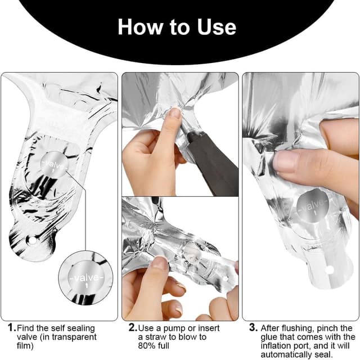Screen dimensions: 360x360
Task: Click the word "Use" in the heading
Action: point(217,27)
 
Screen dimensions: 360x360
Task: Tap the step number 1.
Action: point(11,327)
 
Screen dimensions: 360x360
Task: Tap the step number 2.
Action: point(133,327)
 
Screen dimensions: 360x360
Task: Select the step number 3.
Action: point(253,327)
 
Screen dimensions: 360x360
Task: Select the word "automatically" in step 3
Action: point(286,354)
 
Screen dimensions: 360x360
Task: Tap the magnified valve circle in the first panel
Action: point(85,278)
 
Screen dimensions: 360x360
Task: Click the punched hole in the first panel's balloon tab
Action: point(31,241)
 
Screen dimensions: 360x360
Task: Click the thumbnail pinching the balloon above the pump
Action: point(175,113)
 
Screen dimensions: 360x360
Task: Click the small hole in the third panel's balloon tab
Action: point(330,270)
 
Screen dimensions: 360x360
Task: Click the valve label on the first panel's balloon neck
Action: point(54,164)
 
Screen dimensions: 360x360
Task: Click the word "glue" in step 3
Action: point(269,337)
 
